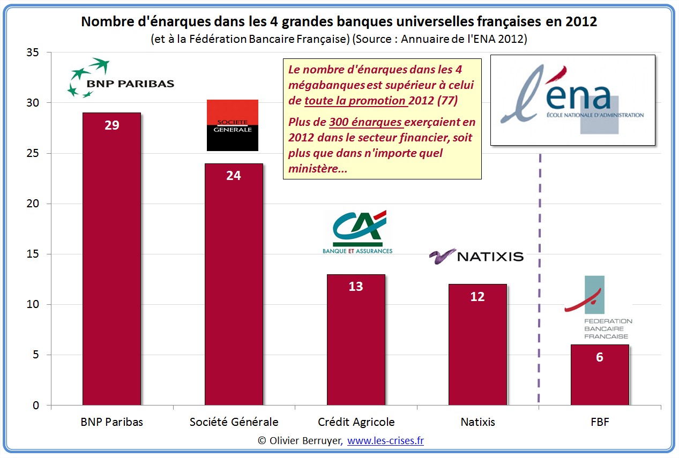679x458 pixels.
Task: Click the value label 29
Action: click(x=112, y=125)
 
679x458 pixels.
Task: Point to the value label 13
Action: click(x=356, y=287)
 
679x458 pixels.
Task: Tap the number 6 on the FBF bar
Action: click(x=600, y=357)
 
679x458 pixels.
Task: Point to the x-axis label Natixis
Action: click(x=477, y=422)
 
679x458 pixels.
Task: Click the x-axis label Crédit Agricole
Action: click(x=356, y=422)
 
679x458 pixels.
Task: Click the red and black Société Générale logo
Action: click(x=233, y=125)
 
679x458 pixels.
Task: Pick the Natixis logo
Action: click(x=476, y=256)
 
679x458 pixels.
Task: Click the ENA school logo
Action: click(x=572, y=100)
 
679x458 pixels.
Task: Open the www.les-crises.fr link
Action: click(x=385, y=441)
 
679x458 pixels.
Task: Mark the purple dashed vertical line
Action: click(x=539, y=279)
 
